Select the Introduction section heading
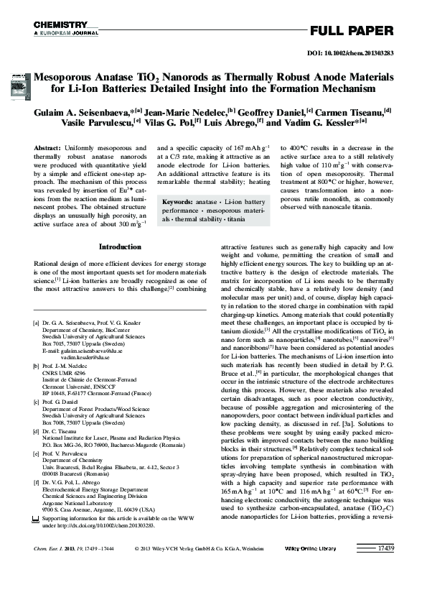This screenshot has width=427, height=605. coord(120,246)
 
